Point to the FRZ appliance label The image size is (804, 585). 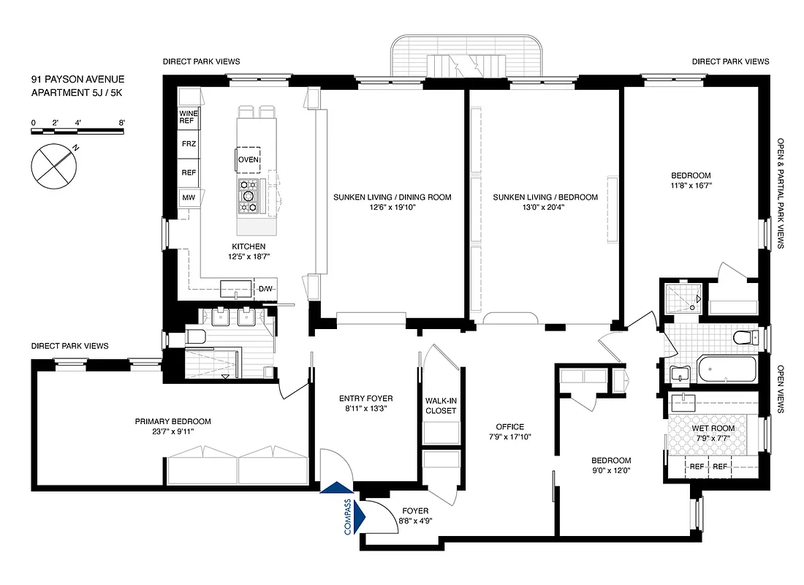[188, 144]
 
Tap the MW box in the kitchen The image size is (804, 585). [188, 198]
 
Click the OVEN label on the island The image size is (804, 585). [248, 159]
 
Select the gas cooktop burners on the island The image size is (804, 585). [249, 196]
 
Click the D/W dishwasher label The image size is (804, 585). [265, 288]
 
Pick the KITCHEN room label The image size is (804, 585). [249, 246]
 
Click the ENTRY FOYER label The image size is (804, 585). [365, 399]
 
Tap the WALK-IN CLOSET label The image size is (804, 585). [441, 405]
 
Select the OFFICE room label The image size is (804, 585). [509, 427]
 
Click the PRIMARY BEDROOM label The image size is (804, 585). [173, 421]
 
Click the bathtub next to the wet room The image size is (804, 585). [728, 371]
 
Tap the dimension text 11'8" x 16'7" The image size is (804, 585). [691, 186]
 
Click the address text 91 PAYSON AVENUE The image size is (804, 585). [77, 79]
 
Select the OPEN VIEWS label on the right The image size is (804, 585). [781, 389]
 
